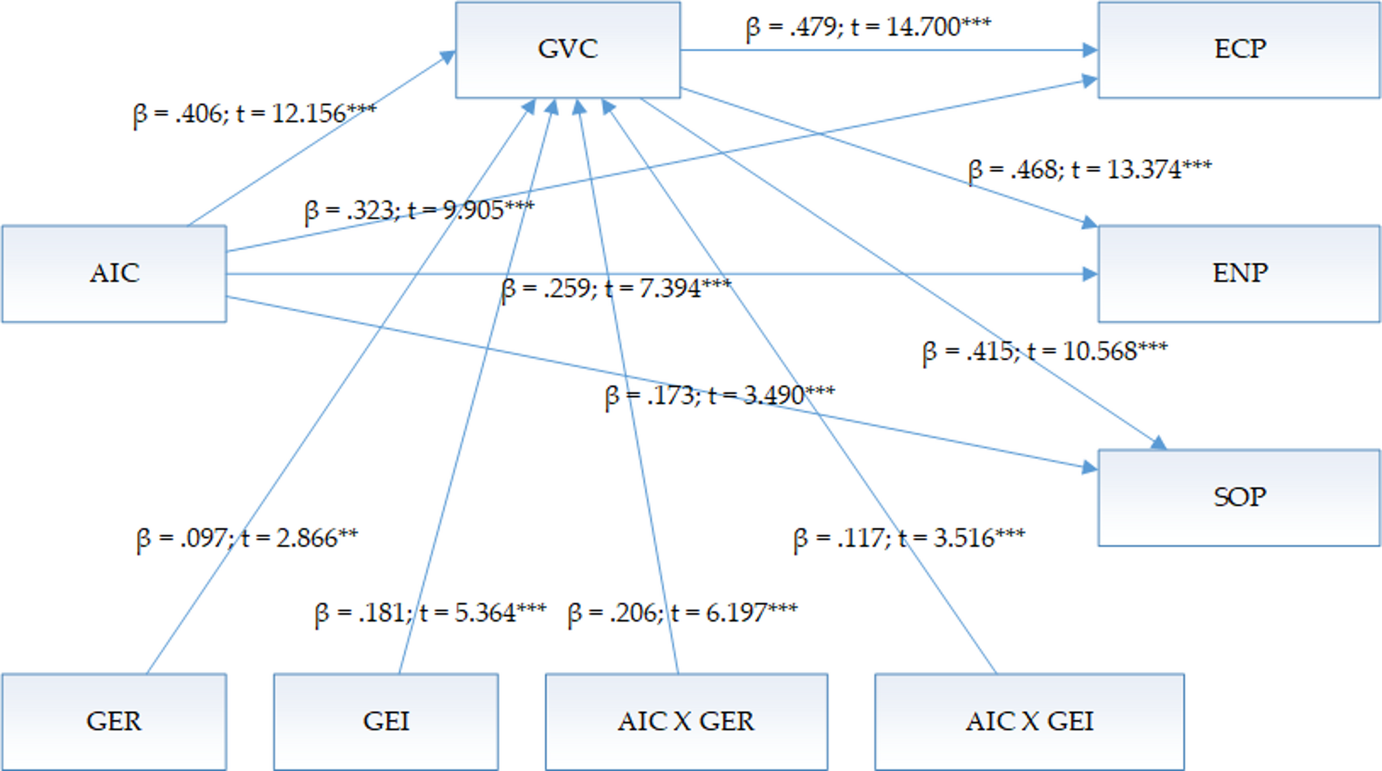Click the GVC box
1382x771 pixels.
point(568,50)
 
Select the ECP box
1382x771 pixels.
point(1239,50)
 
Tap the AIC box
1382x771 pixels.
point(114,273)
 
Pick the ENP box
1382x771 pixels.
point(1239,273)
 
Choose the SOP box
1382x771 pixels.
point(1239,497)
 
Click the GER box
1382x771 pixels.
point(114,721)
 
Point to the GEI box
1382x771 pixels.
point(386,721)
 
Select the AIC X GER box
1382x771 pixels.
point(686,721)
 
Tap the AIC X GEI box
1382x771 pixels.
point(1030,721)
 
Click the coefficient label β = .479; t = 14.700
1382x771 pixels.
point(869,28)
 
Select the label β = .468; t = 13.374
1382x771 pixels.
point(1090,169)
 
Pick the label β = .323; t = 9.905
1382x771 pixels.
point(419,210)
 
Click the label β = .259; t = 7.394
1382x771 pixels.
point(617,288)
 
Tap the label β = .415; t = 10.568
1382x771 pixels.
point(1045,352)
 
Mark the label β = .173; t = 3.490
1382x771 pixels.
point(720,396)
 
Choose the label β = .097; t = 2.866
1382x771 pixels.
point(247,538)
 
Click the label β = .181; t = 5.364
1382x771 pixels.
point(430,613)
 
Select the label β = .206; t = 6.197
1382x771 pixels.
point(683,613)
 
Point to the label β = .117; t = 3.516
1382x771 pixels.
point(909,538)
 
